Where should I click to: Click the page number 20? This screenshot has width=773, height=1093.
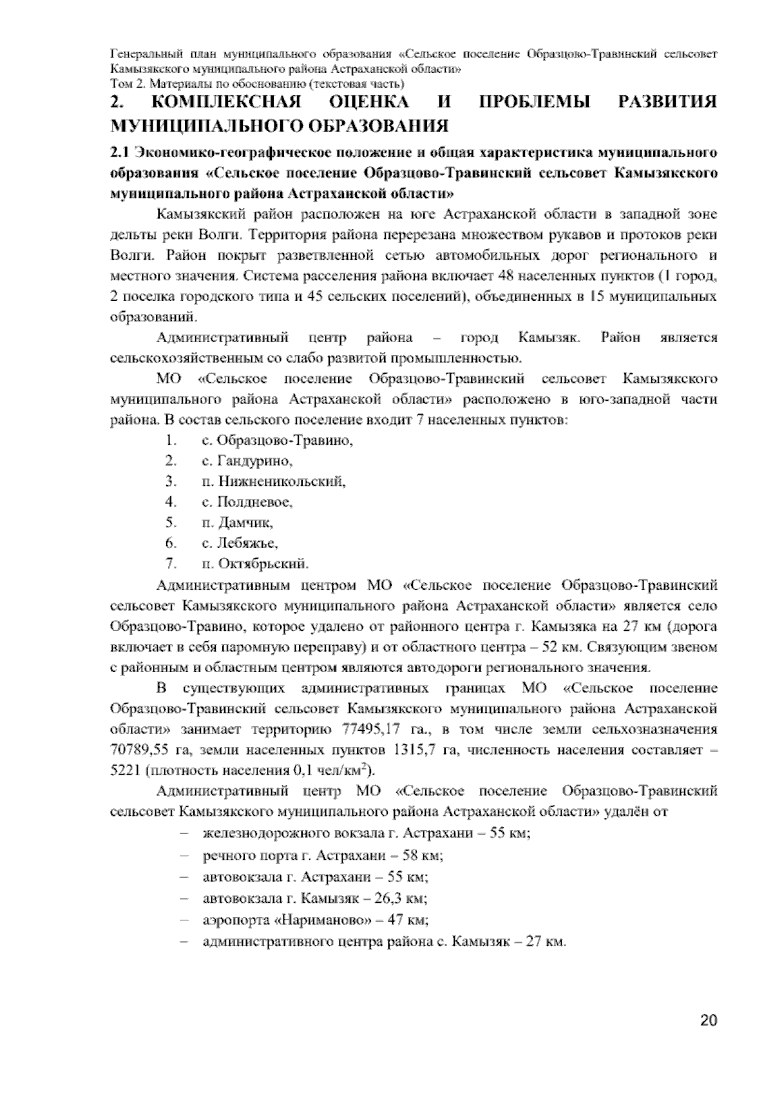coord(708,1020)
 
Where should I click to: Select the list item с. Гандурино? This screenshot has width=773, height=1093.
coord(247,461)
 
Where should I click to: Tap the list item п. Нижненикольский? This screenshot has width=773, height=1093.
coord(274,481)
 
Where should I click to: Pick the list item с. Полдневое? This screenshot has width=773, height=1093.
coord(247,501)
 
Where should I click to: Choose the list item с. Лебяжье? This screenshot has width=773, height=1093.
coord(240,543)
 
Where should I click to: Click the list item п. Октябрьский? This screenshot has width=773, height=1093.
coord(255,563)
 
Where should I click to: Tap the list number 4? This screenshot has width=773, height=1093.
coord(170,501)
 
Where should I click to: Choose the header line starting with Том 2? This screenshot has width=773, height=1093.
coord(257,84)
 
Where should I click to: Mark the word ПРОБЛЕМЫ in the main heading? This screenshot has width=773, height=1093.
coord(535,103)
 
